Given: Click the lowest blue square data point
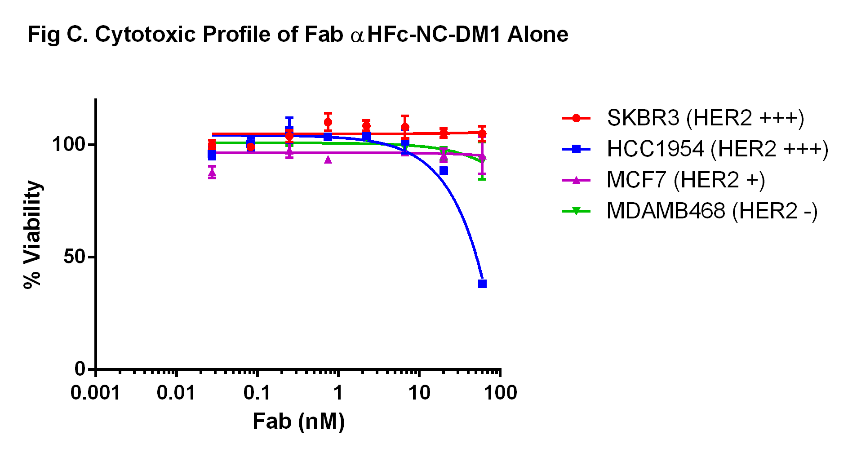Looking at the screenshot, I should (482, 284).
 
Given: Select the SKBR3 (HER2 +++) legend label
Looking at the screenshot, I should (705, 118).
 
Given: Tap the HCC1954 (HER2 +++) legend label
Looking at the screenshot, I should (717, 149).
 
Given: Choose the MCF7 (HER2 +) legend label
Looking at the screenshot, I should (685, 180).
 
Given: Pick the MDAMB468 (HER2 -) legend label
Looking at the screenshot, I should (712, 211).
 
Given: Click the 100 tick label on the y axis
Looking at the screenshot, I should (68, 145).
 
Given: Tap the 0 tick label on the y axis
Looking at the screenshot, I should (80, 369).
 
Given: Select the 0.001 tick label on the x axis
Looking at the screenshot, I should (95, 393).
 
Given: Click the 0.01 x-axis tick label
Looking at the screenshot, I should (176, 393).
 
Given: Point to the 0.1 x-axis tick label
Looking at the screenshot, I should (257, 393).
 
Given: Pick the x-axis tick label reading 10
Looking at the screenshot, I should (419, 393).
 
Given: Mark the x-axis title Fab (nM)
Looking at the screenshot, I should (298, 422).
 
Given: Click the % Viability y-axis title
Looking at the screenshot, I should (32, 234).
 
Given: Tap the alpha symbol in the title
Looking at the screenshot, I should (357, 36).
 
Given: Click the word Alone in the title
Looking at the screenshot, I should (537, 35).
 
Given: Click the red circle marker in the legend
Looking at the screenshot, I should (576, 118).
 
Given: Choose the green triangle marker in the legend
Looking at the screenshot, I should (576, 211).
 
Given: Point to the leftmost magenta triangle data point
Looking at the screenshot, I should (212, 173).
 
